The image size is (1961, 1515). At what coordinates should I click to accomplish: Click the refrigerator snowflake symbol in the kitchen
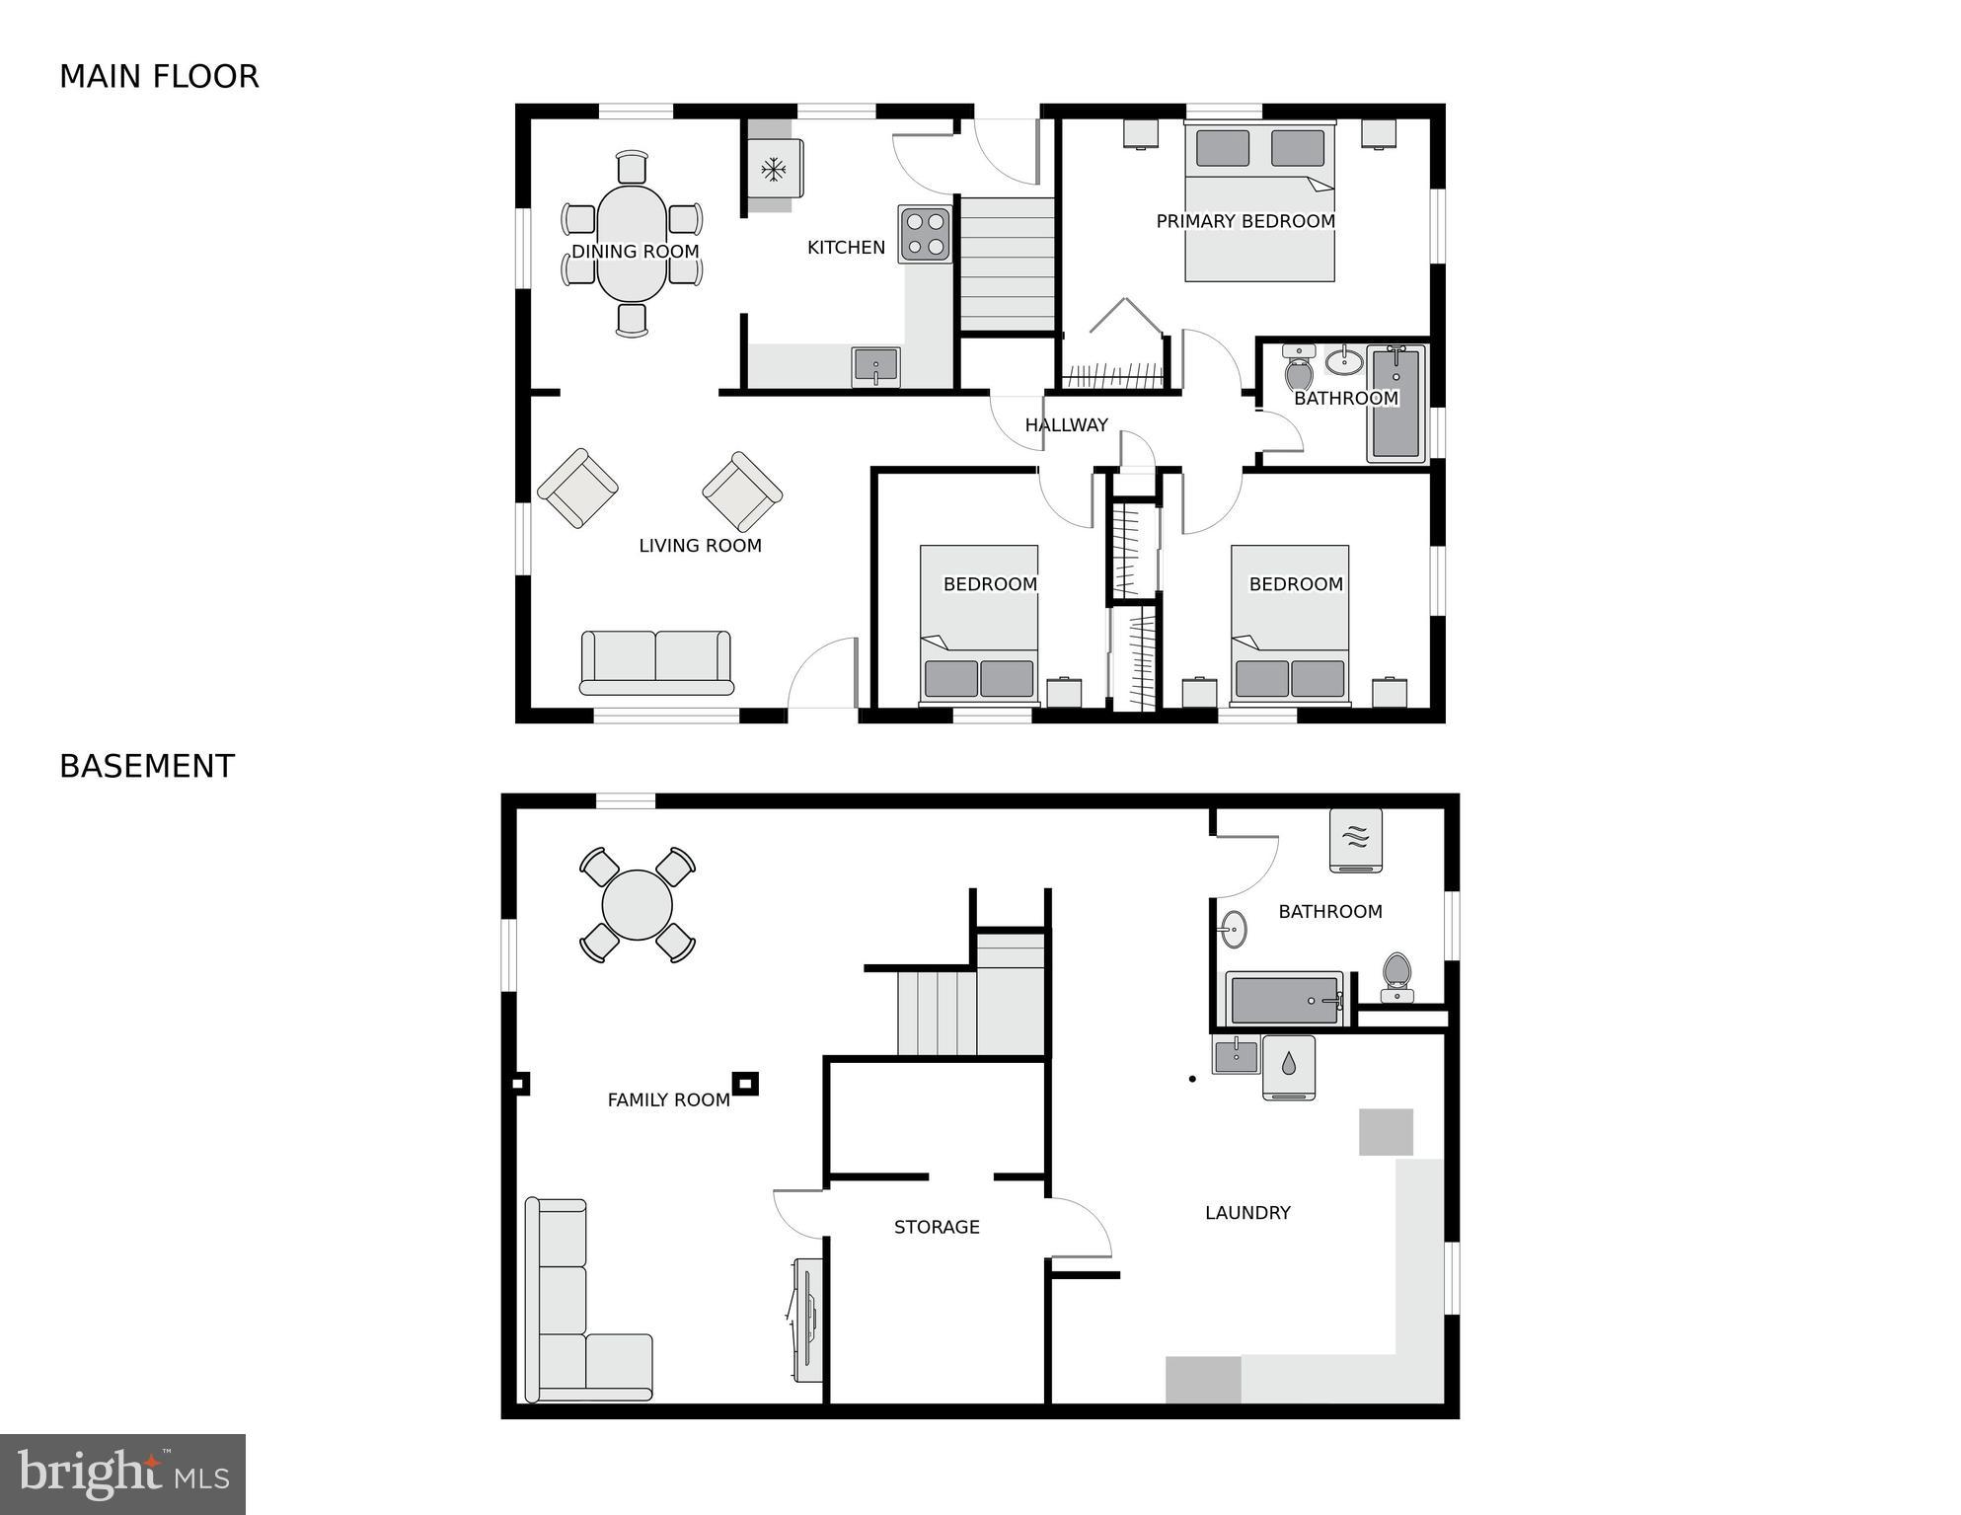[x=773, y=170]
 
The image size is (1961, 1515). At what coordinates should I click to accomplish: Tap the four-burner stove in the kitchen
[x=926, y=234]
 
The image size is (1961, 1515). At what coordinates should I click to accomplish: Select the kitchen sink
[x=875, y=366]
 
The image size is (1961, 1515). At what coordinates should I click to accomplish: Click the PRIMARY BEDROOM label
[x=1245, y=222]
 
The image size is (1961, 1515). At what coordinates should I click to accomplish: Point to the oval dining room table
[x=632, y=244]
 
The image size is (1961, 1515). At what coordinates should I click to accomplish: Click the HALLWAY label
[x=1066, y=425]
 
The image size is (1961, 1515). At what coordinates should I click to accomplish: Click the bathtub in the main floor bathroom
[x=1395, y=403]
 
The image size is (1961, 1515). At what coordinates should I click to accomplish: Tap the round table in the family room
[x=638, y=904]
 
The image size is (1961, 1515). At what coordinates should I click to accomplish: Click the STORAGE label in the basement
[x=937, y=1228]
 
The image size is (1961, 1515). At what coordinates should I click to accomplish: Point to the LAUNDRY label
[x=1247, y=1213]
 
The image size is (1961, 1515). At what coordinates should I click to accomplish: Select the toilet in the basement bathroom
[x=1396, y=975]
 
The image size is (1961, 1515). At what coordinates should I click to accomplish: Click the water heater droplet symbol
[x=1289, y=1064]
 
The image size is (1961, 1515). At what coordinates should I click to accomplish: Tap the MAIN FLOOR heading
[x=159, y=77]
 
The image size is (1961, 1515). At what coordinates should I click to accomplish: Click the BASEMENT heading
[x=147, y=767]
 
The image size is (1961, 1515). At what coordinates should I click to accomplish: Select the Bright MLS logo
[x=122, y=1475]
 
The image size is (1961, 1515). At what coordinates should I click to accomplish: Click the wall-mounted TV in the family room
[x=806, y=1320]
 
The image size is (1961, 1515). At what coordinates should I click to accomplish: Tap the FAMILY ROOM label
[x=668, y=1100]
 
